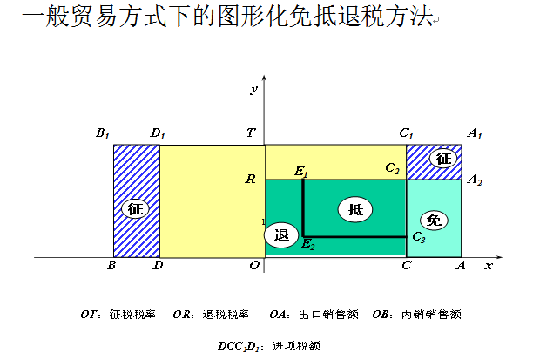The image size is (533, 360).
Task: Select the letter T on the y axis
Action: pyautogui.click(x=252, y=133)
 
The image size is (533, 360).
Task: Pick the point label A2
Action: pyautogui.click(x=475, y=180)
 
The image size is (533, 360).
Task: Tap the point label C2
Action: pyautogui.click(x=393, y=167)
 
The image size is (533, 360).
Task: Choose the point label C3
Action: pyautogui.click(x=419, y=237)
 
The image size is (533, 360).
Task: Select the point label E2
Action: pyautogui.click(x=307, y=245)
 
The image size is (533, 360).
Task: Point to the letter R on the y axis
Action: pyautogui.click(x=250, y=180)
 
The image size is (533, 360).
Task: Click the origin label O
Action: pyautogui.click(x=254, y=265)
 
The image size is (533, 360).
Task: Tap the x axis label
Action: pyautogui.click(x=489, y=264)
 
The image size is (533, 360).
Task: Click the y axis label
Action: pyautogui.click(x=253, y=89)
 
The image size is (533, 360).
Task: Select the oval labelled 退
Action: pyautogui.click(x=281, y=235)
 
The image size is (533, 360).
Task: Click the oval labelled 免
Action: pyautogui.click(x=434, y=220)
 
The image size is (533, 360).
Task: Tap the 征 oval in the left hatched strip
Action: pyautogui.click(x=134, y=209)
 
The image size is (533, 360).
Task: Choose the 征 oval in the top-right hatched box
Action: pyautogui.click(x=443, y=159)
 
